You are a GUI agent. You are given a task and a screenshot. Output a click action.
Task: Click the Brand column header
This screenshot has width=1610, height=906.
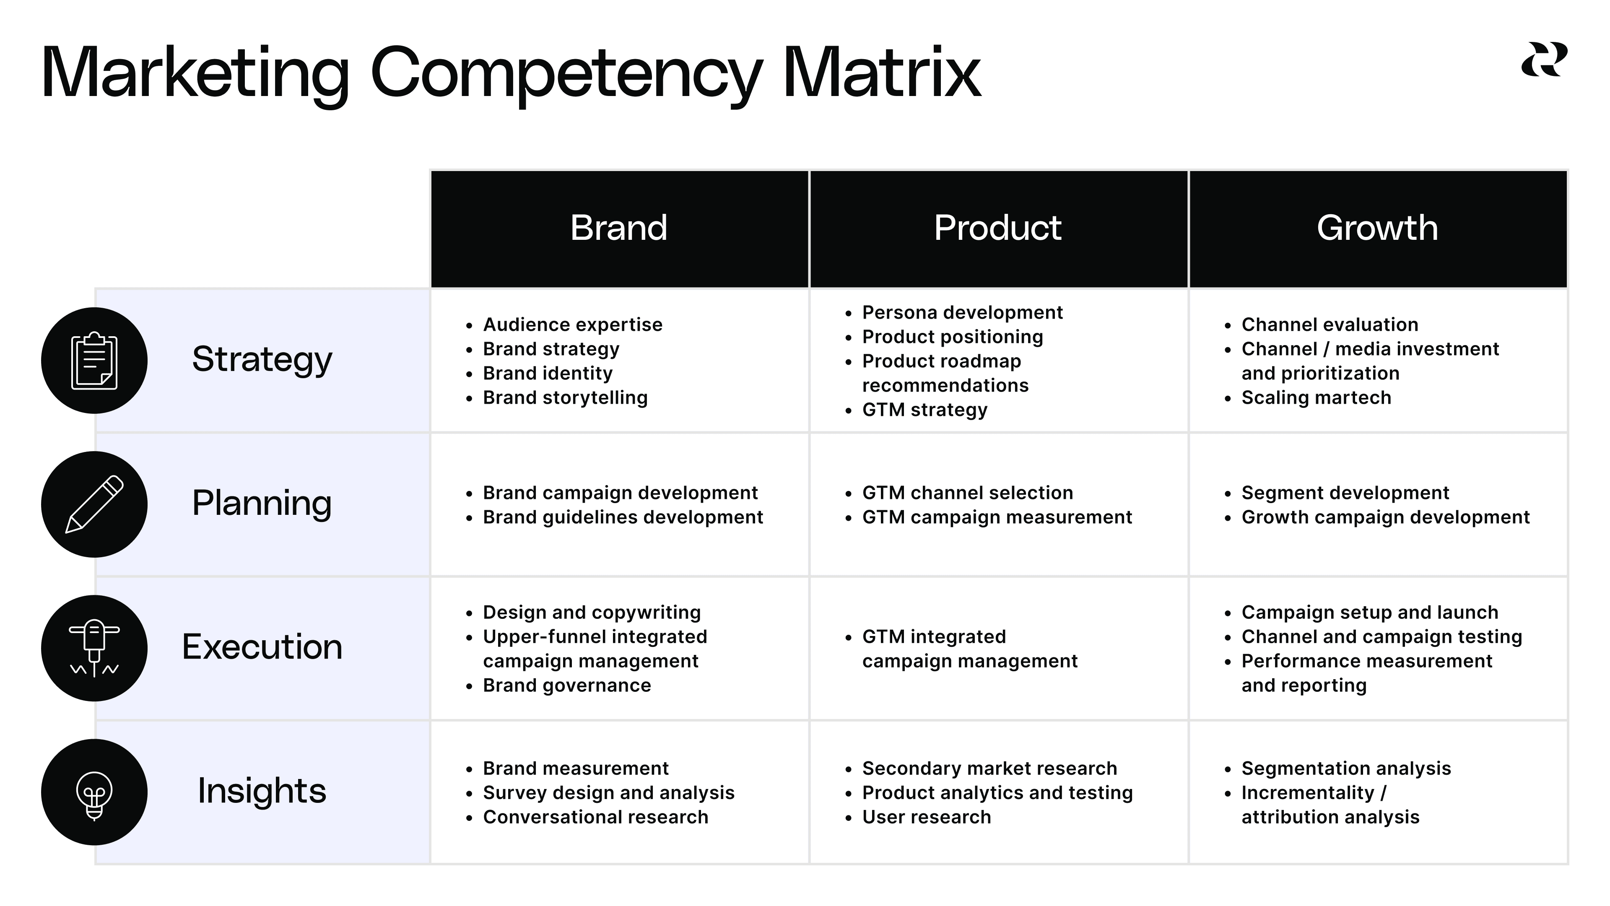(619, 228)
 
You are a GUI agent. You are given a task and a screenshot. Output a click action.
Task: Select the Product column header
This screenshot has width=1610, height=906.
(997, 228)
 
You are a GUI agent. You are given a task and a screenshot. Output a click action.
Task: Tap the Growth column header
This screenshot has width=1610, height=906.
(1377, 228)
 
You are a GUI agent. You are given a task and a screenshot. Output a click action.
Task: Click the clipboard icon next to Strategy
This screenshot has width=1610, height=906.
(94, 361)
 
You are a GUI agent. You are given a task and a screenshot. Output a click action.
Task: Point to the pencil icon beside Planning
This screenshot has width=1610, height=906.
(94, 504)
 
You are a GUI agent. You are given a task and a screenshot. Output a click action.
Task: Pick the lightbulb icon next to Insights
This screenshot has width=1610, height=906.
(94, 792)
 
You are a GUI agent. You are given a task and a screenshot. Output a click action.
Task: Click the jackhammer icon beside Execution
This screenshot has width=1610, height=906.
(94, 648)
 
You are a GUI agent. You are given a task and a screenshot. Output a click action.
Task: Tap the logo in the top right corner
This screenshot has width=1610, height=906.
(1544, 60)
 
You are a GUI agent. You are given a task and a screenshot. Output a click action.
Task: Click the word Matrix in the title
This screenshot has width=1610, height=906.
(881, 74)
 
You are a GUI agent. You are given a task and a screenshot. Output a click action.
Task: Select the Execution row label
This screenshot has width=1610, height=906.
(262, 647)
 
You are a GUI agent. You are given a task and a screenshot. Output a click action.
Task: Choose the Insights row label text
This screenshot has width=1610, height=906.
(262, 791)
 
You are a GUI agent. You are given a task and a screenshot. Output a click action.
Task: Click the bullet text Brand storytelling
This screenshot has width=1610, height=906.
(565, 398)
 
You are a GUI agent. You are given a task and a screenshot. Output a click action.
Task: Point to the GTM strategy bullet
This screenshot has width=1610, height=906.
(924, 410)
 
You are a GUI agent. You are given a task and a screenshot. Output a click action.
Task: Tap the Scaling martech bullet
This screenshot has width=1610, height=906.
(1316, 398)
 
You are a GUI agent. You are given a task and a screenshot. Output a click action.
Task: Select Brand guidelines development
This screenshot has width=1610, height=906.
(623, 517)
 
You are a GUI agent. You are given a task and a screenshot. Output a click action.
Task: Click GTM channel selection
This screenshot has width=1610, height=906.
(967, 493)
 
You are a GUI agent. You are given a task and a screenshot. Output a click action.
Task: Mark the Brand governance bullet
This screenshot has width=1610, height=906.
(566, 685)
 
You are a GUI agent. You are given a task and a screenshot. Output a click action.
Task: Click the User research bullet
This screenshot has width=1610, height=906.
(926, 817)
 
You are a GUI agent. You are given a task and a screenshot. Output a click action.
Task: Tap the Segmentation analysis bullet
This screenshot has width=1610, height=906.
(1345, 768)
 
